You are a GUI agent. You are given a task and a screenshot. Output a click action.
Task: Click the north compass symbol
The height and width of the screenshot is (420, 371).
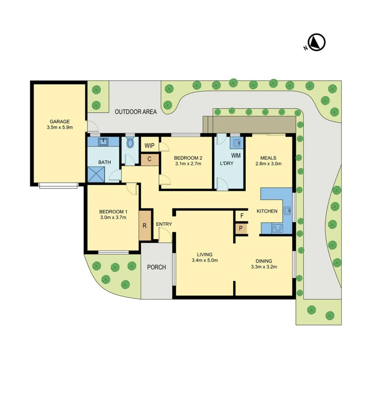(317, 42)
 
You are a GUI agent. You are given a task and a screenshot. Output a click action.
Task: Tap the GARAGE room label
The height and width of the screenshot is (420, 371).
(59, 121)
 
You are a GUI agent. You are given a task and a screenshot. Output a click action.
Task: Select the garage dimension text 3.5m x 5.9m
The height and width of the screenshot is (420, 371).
(59, 127)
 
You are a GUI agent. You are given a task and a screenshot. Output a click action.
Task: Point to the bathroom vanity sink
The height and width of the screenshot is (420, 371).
(103, 142)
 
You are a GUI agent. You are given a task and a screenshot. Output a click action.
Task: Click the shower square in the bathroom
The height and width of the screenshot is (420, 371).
(96, 174)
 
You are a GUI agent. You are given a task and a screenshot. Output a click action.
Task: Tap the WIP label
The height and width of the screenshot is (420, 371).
(149, 146)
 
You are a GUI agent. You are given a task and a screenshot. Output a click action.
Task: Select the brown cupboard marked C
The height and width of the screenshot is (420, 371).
(149, 159)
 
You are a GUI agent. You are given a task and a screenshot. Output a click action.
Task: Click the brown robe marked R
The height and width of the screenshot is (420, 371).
(145, 225)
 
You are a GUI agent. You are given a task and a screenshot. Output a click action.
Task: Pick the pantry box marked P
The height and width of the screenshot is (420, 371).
(241, 228)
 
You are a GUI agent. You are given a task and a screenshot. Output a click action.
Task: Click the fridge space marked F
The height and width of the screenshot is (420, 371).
(241, 216)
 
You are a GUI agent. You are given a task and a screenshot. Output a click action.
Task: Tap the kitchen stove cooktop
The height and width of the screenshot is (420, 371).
(278, 229)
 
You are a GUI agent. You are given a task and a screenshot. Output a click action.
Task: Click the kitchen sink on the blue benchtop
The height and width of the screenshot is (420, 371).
(287, 211)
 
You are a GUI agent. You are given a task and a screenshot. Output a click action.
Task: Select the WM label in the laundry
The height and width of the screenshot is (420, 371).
(236, 156)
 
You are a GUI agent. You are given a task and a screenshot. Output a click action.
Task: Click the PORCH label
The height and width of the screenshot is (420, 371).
(156, 267)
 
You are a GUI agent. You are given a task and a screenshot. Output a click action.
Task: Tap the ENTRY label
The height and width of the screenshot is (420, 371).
(164, 224)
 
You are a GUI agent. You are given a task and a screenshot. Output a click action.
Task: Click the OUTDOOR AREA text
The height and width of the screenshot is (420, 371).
(136, 112)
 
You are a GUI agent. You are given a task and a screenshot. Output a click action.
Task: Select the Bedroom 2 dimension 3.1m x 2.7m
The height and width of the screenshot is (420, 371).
(188, 164)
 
